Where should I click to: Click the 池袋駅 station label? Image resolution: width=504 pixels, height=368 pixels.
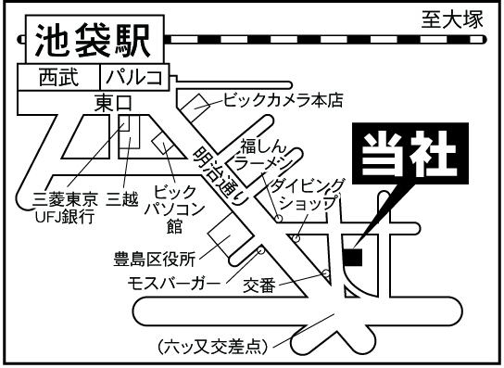(93, 41)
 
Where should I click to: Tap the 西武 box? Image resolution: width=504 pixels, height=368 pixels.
(58, 77)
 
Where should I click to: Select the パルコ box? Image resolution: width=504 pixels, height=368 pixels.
(134, 77)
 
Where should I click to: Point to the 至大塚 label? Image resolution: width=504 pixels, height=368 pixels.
(452, 19)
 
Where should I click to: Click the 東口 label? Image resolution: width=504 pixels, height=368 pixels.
(113, 104)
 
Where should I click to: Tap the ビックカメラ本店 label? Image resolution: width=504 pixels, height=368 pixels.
(283, 100)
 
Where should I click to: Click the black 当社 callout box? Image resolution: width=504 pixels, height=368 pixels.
(410, 154)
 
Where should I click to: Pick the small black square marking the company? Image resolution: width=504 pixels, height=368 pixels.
(353, 258)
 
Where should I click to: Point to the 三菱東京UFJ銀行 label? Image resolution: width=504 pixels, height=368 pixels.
(65, 208)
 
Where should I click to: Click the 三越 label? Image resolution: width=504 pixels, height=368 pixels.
(122, 199)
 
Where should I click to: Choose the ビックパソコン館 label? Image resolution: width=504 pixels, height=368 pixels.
(174, 209)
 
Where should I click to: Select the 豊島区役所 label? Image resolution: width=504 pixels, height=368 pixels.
(155, 260)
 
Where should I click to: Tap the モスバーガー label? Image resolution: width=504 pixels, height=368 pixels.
(174, 284)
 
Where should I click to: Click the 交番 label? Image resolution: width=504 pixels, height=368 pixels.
(259, 286)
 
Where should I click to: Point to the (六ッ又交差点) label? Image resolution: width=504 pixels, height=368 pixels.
(212, 347)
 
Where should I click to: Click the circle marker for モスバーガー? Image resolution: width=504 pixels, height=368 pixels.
(261, 250)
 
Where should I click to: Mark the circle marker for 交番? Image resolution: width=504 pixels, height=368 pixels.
(326, 273)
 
